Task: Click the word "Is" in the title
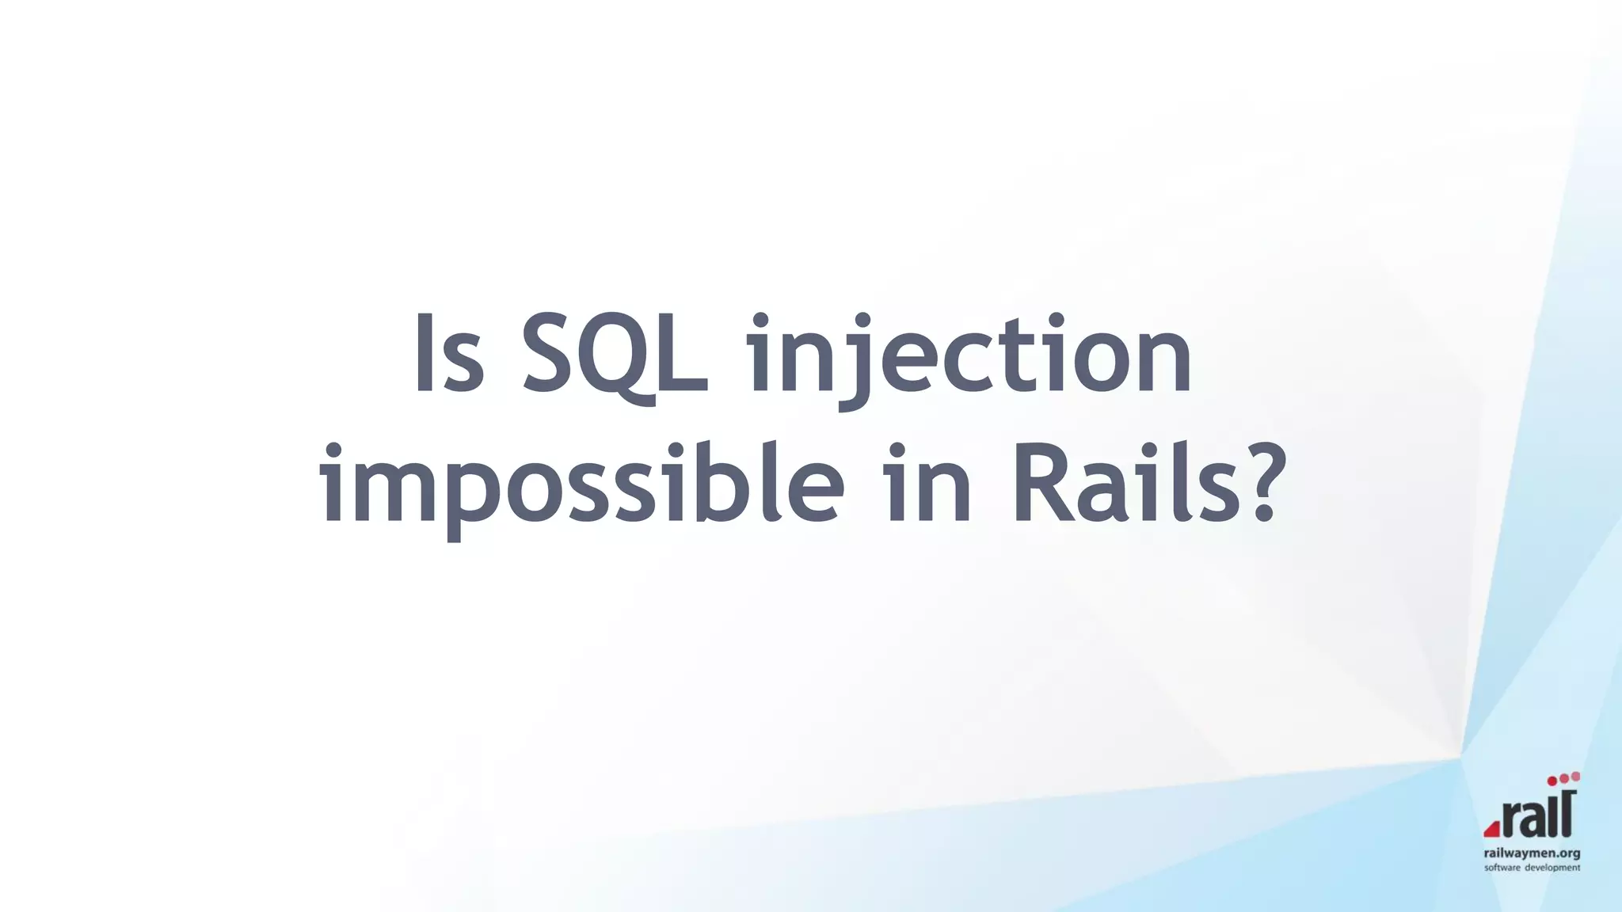pyautogui.click(x=448, y=354)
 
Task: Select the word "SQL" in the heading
pyautogui.click(x=616, y=355)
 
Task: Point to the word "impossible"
pyautogui.click(x=582, y=484)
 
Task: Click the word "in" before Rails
pyautogui.click(x=929, y=484)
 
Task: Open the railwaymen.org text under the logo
pyautogui.click(x=1532, y=853)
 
